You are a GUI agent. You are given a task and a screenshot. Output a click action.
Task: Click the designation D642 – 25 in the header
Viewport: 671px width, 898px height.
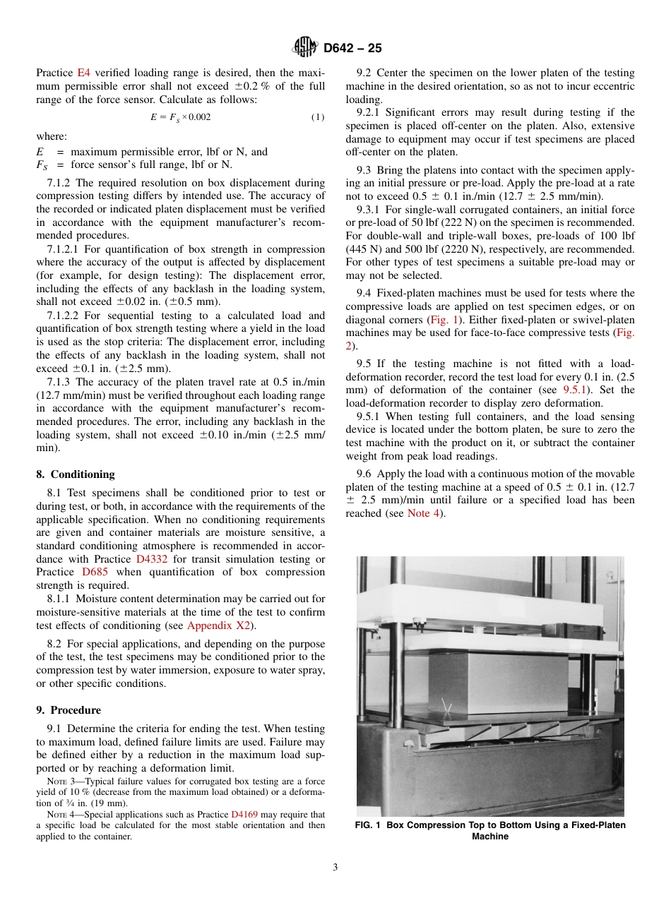point(352,49)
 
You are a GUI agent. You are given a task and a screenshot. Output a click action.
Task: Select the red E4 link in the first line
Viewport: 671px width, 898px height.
point(83,73)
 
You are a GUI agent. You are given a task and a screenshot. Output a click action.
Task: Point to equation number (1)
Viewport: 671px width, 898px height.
point(318,117)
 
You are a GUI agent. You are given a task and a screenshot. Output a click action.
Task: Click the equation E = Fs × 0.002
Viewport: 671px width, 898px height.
point(180,117)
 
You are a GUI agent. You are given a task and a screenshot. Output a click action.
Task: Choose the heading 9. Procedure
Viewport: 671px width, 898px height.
point(69,710)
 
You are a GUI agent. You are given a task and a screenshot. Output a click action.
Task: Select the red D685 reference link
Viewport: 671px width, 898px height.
point(95,572)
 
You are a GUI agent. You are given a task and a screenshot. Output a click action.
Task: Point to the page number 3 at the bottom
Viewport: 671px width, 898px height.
point(335,868)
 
